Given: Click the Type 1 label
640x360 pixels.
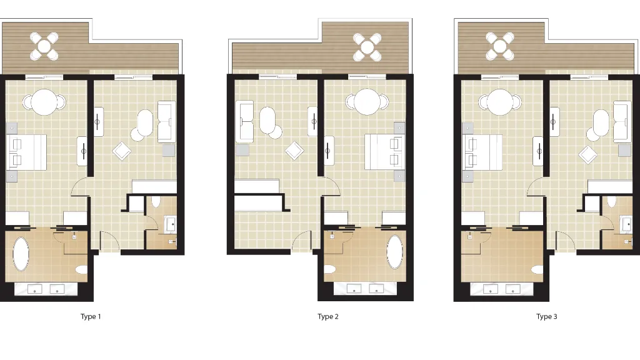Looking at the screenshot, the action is tap(91, 316).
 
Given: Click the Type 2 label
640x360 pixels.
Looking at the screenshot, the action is tap(328, 316).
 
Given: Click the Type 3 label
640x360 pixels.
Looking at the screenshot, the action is tap(546, 316).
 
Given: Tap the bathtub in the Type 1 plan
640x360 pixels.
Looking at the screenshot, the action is tap(21, 254).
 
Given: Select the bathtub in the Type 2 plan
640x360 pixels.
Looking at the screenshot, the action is tap(395, 252).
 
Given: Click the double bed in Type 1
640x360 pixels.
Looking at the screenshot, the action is tap(26, 152).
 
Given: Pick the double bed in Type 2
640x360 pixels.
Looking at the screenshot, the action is tap(384, 152).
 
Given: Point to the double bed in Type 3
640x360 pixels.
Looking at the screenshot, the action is tap(482, 152).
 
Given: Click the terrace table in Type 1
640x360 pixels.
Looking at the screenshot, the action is tap(44, 46).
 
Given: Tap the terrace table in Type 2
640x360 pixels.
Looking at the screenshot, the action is tap(367, 47).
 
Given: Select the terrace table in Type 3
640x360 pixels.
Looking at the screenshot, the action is tap(499, 46).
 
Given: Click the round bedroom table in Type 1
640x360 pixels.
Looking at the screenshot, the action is tap(44, 102).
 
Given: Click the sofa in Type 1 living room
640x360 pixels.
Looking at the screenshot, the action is tap(166, 122).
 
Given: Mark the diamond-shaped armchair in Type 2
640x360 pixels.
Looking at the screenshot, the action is tap(294, 151).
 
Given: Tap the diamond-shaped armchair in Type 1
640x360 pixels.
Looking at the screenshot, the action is tap(122, 151).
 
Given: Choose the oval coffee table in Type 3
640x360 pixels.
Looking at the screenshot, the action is tap(601, 123).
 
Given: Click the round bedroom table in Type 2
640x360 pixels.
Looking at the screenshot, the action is tap(366, 102).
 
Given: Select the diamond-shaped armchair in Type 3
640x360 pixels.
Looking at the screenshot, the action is tap(587, 155).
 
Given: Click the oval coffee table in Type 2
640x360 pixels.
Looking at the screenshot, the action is tap(267, 121).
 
